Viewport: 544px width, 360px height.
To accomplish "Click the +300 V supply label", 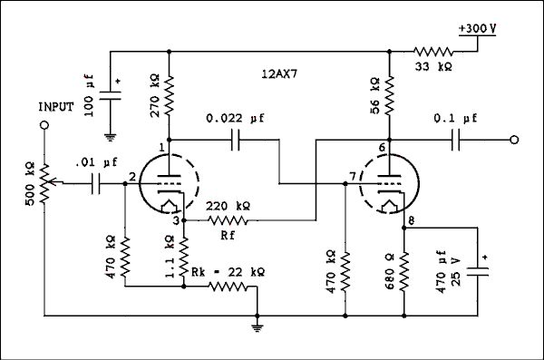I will tap(478, 29).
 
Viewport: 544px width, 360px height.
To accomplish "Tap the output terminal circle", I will tap(514, 140).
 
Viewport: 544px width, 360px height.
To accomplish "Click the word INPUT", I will tap(55, 107).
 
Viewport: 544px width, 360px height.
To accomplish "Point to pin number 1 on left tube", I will tap(162, 147).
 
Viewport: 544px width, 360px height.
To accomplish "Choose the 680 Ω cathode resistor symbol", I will tap(405, 272).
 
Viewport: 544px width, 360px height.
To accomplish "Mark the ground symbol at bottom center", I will tap(258, 323).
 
